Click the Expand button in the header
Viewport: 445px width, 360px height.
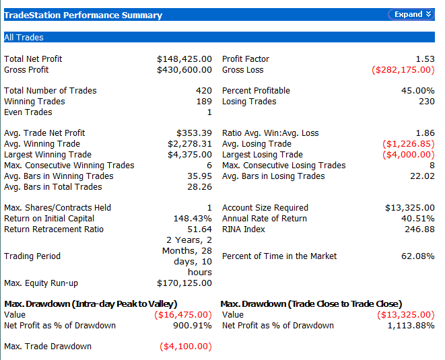tap(411, 15)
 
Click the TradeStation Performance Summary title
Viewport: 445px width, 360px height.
tap(83, 15)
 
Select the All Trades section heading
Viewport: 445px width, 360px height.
tap(24, 37)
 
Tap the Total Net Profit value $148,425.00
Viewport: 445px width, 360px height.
tap(184, 59)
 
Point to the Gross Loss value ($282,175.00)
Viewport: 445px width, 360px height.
tap(403, 70)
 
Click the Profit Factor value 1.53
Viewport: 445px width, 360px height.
tap(425, 59)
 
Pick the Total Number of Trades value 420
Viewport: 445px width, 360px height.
tap(204, 90)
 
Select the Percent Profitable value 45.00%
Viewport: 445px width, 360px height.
tap(418, 90)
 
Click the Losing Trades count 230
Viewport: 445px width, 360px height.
tap(427, 102)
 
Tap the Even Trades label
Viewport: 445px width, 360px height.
tap(28, 112)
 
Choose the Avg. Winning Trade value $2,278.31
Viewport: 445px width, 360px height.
tap(190, 144)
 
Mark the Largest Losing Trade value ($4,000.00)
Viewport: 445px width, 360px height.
tap(409, 155)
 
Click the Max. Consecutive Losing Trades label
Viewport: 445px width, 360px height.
tap(284, 166)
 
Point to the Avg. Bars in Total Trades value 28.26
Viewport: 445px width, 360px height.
tap(199, 187)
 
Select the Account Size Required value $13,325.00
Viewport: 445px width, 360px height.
tap(410, 208)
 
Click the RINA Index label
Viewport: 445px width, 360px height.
tap(244, 229)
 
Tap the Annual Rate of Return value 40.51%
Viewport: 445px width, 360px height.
tap(418, 219)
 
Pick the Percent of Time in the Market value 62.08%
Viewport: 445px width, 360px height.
tap(418, 256)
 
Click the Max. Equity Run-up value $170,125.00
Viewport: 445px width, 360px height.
tap(184, 283)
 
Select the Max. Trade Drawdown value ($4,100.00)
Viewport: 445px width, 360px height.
tap(186, 347)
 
